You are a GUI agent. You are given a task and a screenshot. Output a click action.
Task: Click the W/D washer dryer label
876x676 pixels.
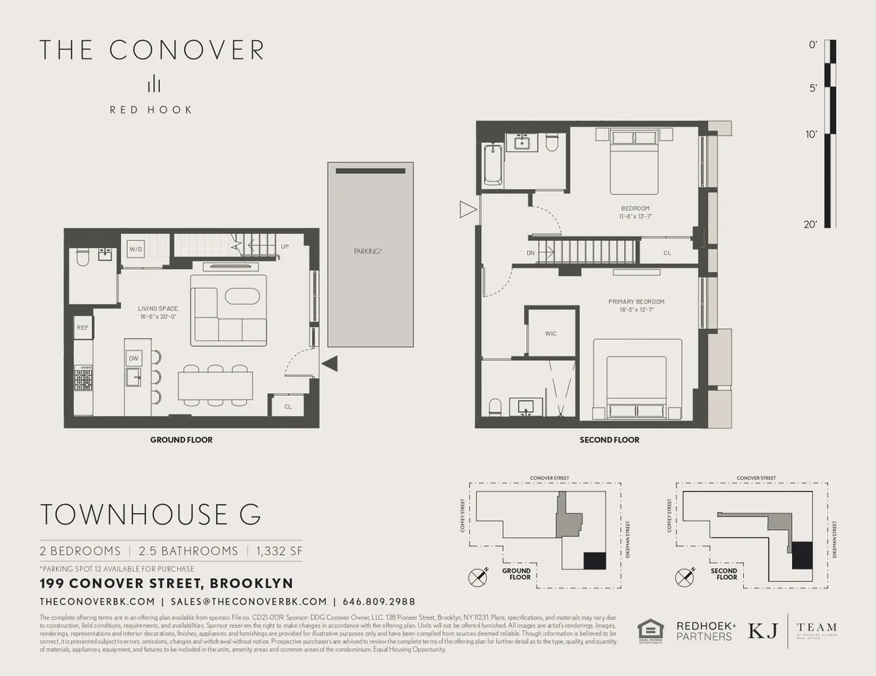pyautogui.click(x=136, y=249)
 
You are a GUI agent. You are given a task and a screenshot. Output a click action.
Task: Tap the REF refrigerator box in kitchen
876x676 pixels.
pyautogui.click(x=82, y=328)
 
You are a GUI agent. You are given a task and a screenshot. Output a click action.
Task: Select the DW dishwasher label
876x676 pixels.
pyautogui.click(x=134, y=358)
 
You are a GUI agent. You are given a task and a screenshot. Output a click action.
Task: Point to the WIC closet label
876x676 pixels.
pyautogui.click(x=550, y=333)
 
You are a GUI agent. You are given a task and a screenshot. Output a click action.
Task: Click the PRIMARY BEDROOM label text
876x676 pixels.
pyautogui.click(x=637, y=301)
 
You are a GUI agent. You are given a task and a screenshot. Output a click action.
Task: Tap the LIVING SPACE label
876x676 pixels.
pyautogui.click(x=158, y=308)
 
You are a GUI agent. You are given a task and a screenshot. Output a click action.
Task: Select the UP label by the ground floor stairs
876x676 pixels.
pyautogui.click(x=285, y=246)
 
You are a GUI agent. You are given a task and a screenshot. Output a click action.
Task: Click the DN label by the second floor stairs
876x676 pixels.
pyautogui.click(x=531, y=253)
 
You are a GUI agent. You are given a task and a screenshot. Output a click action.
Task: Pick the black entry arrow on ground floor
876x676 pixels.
pyautogui.click(x=329, y=362)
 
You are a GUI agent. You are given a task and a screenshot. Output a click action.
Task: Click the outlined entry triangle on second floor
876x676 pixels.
pyautogui.click(x=466, y=211)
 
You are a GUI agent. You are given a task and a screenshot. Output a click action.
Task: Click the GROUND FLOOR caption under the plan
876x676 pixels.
pyautogui.click(x=181, y=440)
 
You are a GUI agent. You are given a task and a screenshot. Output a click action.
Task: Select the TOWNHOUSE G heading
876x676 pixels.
pyautogui.click(x=150, y=514)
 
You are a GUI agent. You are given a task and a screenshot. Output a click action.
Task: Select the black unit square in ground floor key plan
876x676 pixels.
pyautogui.click(x=594, y=560)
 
